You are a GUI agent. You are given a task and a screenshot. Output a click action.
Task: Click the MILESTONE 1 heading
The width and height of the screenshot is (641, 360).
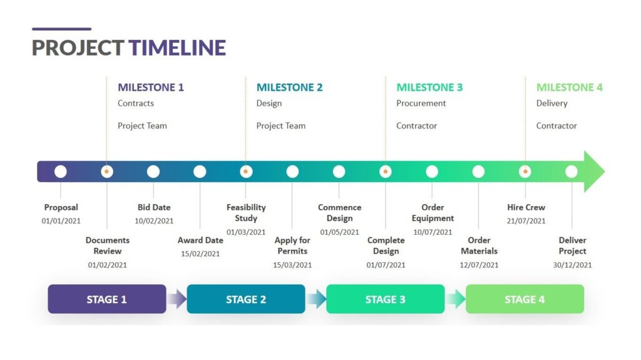pos(151,88)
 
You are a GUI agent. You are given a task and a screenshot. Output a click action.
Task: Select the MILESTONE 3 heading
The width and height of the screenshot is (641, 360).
pos(429,88)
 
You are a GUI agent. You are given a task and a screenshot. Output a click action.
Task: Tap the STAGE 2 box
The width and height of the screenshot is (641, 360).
pos(246,299)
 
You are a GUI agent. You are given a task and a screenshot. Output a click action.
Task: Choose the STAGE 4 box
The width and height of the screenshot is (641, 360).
pos(525,299)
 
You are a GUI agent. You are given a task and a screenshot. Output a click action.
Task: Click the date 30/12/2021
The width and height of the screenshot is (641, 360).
pos(572,265)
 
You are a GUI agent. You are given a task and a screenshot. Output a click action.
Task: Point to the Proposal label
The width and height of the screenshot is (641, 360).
pos(61,207)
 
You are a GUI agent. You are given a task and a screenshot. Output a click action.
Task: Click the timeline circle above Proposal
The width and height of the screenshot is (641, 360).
pos(61,171)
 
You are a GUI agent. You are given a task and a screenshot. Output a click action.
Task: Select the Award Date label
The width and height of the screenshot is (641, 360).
pos(200,240)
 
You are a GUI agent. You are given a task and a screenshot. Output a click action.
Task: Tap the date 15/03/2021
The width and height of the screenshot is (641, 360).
pos(292,265)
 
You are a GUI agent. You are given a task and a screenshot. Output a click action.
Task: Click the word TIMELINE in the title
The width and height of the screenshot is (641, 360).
pos(177,48)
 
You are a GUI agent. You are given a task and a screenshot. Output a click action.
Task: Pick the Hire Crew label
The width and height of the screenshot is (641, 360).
pos(526,207)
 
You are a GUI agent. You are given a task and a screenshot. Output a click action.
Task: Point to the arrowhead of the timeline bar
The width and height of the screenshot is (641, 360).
pos(594,171)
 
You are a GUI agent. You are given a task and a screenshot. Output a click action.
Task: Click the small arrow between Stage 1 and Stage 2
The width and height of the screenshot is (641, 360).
pos(177,299)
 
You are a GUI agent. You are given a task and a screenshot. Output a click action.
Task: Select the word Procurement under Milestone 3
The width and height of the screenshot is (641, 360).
pos(421,103)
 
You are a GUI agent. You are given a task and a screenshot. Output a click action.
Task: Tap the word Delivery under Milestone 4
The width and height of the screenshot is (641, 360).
pos(551,103)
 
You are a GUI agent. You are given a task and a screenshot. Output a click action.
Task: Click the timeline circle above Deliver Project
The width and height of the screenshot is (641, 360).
pos(572,171)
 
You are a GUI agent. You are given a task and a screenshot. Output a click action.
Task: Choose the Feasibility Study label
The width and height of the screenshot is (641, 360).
pos(246,213)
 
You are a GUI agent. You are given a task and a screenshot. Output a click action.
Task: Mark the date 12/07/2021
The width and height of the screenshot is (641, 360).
pos(479,265)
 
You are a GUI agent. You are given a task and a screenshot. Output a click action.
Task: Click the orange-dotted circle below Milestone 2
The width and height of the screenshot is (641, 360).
pos(246,171)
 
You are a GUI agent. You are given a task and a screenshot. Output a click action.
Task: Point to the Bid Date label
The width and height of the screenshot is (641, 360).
pos(154,207)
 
